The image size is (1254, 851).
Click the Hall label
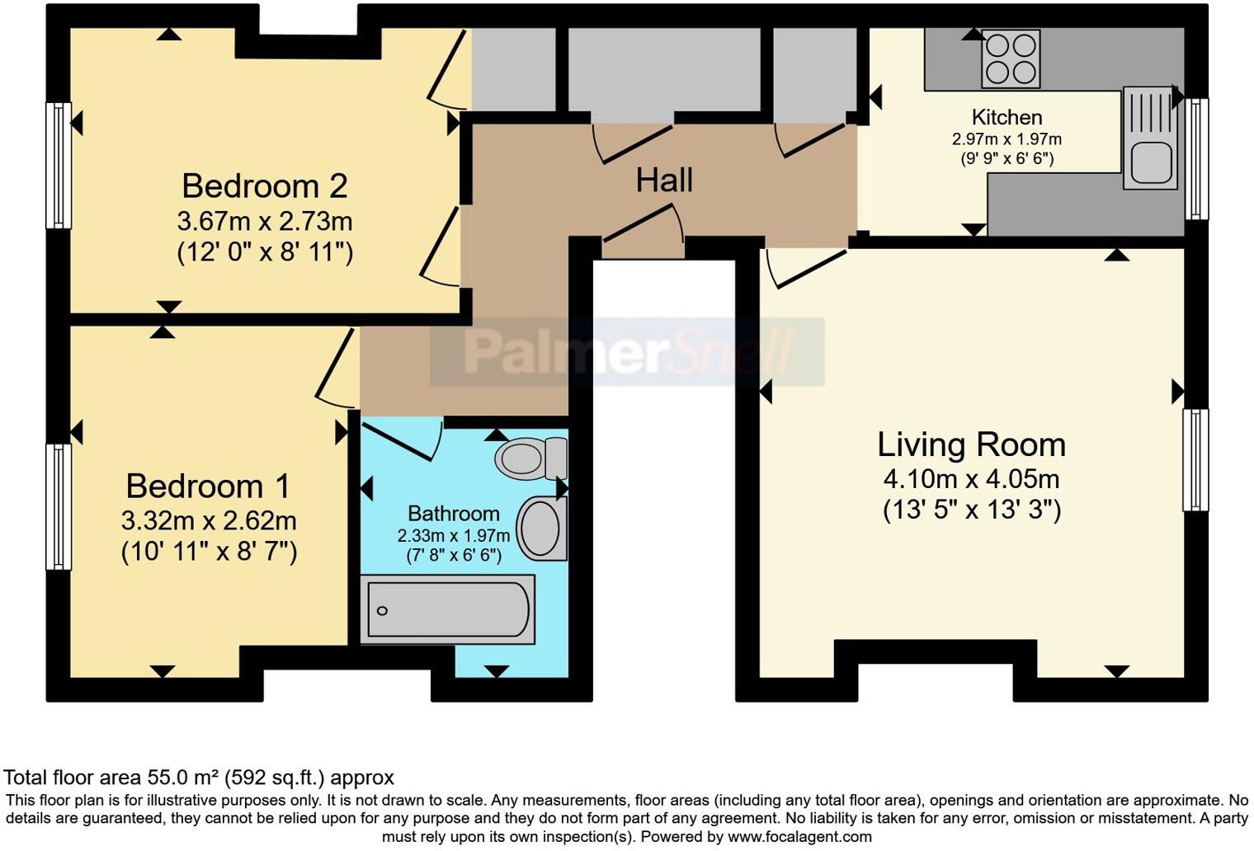pos(663,180)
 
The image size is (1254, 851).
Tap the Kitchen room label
pos(1006,117)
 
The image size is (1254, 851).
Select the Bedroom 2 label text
pos(264,186)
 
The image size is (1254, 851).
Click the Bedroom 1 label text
pos(208,486)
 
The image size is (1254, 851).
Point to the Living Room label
pos(971,444)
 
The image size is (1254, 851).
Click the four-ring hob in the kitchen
pos(1010,59)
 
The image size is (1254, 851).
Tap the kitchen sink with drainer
pos(1150,137)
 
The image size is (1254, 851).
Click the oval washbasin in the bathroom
pos(541,528)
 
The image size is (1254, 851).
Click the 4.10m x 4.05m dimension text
pos(971,479)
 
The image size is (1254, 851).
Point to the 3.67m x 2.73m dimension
pos(264,221)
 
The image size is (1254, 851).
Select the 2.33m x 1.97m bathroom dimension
pos(453,536)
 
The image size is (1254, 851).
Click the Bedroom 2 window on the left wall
pos(58,165)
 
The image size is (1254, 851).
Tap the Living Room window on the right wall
pos(1195,460)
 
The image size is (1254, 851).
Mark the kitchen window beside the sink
pos(1196,158)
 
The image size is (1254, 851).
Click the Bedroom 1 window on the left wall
pos(58,506)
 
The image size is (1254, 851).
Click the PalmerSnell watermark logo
pos(627,352)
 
